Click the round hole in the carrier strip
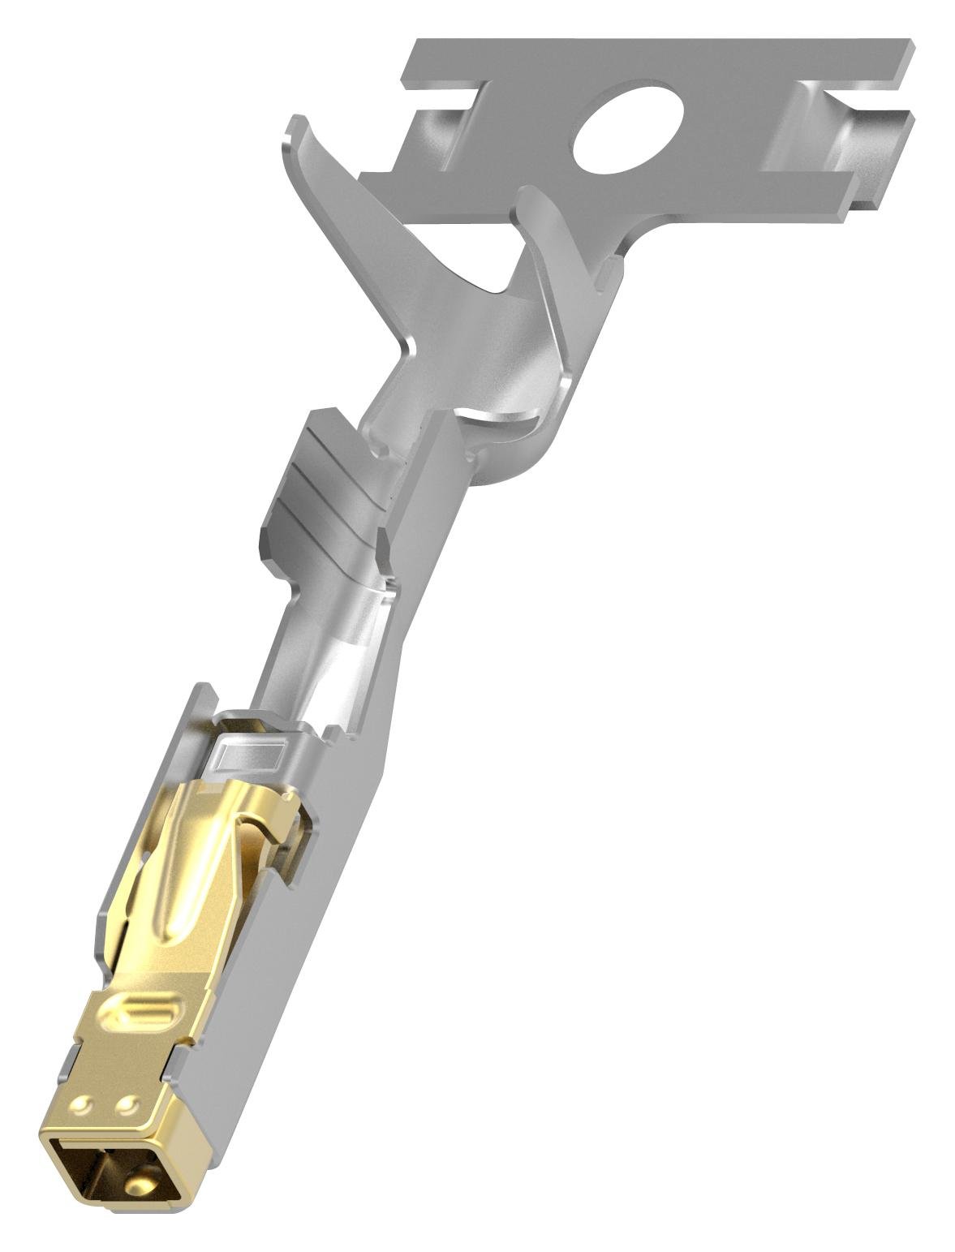tap(626, 127)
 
